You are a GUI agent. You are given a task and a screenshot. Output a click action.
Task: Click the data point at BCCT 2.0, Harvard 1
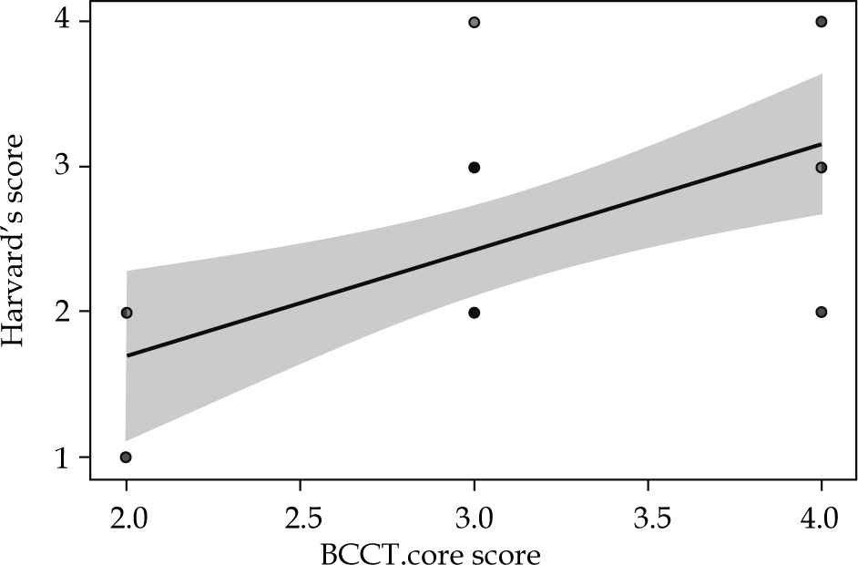(x=126, y=457)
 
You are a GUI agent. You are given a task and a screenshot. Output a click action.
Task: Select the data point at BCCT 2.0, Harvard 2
(x=126, y=313)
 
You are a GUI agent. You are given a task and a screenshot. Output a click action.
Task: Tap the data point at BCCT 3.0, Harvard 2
(x=474, y=313)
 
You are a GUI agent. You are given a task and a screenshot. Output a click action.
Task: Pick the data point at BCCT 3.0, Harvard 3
(x=474, y=168)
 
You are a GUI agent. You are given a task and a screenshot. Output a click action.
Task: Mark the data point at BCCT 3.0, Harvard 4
(x=474, y=22)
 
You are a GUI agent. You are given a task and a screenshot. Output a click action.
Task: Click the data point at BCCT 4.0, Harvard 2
(x=822, y=312)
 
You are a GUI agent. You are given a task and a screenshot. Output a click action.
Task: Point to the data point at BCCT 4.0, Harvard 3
(x=822, y=168)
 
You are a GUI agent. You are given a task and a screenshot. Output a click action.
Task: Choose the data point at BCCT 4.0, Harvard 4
(x=822, y=22)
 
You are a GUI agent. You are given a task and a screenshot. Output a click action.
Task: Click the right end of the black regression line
(x=821, y=144)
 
